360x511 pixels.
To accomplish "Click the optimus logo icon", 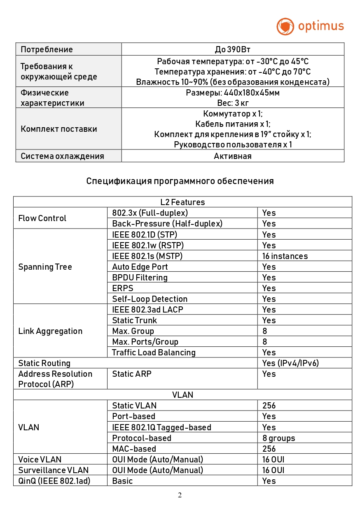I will (285, 26).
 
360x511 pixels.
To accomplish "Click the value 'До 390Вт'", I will (233, 50).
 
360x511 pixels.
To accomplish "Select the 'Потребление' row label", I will (47, 50).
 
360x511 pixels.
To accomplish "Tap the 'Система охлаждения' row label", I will (62, 156).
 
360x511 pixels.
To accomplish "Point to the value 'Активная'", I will (233, 156).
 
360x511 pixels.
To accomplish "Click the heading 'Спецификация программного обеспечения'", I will (180, 181).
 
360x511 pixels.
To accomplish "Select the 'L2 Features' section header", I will (182, 202).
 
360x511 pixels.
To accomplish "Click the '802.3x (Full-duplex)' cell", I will (150, 213).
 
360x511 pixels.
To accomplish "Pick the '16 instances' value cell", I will (285, 256).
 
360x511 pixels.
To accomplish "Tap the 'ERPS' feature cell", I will (123, 288).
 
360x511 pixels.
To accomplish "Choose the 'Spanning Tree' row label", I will (45, 267).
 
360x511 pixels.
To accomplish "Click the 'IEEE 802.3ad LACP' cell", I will (147, 310).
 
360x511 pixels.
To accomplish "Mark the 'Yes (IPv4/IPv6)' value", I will (290, 363).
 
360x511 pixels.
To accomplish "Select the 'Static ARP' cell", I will (132, 374).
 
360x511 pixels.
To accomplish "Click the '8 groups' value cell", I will (279, 438).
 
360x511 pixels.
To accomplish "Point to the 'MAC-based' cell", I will (134, 449).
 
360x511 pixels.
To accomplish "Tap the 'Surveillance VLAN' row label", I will (54, 470).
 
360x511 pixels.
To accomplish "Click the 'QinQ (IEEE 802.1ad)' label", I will (54, 481).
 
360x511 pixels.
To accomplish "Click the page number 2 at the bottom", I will (180, 495).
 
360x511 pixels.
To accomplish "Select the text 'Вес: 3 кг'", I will (233, 103).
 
